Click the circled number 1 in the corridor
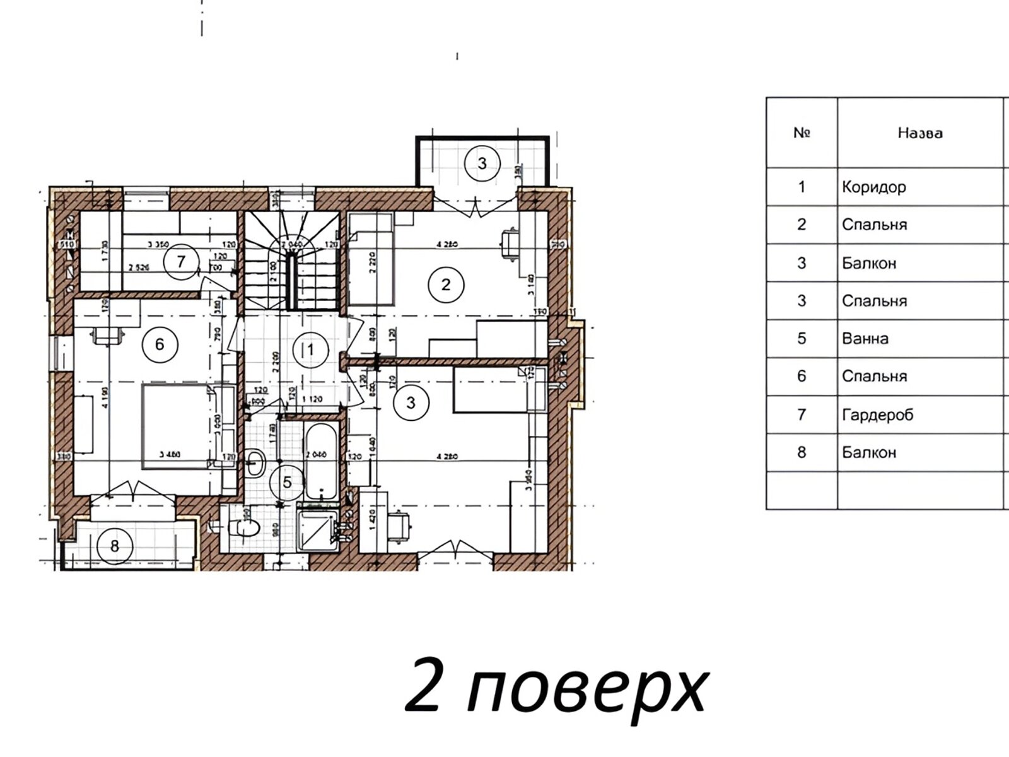[310, 349]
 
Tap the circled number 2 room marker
[446, 285]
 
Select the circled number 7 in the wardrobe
[181, 261]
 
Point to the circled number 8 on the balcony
[115, 545]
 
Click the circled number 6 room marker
[160, 344]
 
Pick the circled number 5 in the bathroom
[288, 483]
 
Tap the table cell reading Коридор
[874, 187]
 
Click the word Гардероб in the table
[877, 414]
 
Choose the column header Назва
[920, 133]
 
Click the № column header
[802, 133]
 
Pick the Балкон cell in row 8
[869, 452]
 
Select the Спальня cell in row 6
[874, 377]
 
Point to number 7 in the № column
[802, 414]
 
